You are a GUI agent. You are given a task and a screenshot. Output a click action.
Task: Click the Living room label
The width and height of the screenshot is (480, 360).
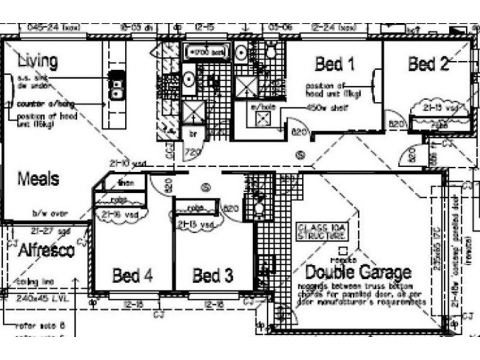[38, 61]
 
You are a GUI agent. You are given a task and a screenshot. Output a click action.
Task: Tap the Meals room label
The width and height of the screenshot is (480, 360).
[38, 179]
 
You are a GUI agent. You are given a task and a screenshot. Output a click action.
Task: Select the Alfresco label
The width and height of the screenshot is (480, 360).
[46, 250]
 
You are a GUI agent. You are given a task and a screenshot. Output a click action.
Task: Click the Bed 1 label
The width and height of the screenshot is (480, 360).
[334, 64]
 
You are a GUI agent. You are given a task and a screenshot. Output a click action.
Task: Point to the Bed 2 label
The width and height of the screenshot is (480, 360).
[428, 64]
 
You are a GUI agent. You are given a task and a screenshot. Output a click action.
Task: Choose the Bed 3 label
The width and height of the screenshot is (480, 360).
[212, 276]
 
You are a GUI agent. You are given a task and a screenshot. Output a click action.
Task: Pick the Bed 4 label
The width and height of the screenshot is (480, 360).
[133, 276]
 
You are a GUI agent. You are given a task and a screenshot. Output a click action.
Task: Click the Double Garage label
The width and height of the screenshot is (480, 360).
[358, 272]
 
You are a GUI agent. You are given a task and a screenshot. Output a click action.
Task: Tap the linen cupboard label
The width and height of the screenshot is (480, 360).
[126, 182]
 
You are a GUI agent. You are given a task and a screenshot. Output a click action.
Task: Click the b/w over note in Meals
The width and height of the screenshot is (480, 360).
[50, 213]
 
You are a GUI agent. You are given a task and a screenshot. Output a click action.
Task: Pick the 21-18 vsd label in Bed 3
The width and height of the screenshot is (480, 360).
[196, 224]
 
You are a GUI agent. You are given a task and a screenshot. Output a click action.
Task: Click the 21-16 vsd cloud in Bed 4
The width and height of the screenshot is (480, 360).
[119, 214]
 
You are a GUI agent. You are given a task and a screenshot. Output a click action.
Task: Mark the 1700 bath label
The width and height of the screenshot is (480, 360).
[208, 53]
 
